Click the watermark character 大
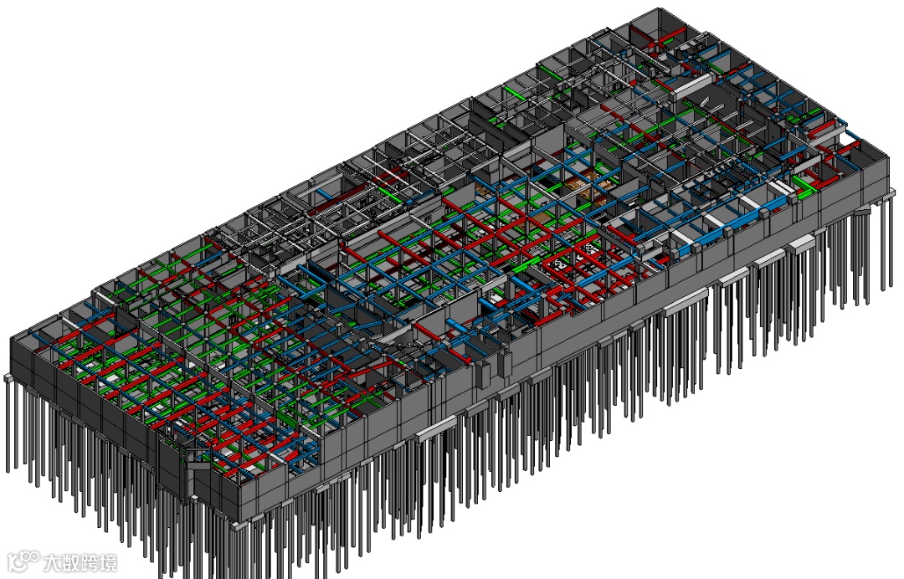click(x=52, y=562)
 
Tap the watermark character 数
click(x=70, y=562)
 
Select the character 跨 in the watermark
click(x=89, y=562)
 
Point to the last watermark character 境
click(x=107, y=562)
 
